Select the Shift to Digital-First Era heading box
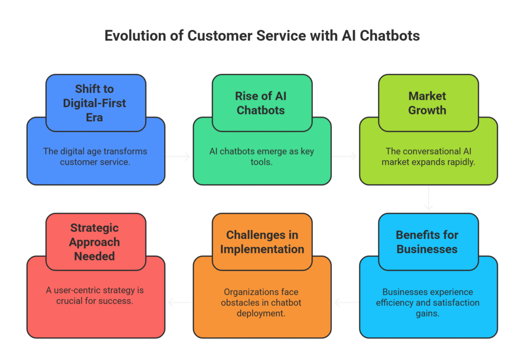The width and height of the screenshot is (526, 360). pos(96,103)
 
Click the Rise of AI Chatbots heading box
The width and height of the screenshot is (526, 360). pos(262,103)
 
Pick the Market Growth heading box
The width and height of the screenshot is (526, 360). pos(428,103)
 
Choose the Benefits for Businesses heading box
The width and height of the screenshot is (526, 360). pos(428,241)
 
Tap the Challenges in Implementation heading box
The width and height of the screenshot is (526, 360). pos(262,241)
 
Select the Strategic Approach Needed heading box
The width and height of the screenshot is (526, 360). pos(96,241)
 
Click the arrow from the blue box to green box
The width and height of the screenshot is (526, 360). pos(178,156)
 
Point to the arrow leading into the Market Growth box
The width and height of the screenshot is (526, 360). pos(344,156)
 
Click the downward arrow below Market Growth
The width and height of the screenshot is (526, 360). pos(428,198)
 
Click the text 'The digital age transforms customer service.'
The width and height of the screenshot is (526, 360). pos(95,157)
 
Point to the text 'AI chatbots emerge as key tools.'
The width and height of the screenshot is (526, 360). pos(261,157)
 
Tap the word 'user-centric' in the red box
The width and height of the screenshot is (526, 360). pos(78,290)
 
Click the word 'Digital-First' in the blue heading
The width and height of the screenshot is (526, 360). pos(95,103)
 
